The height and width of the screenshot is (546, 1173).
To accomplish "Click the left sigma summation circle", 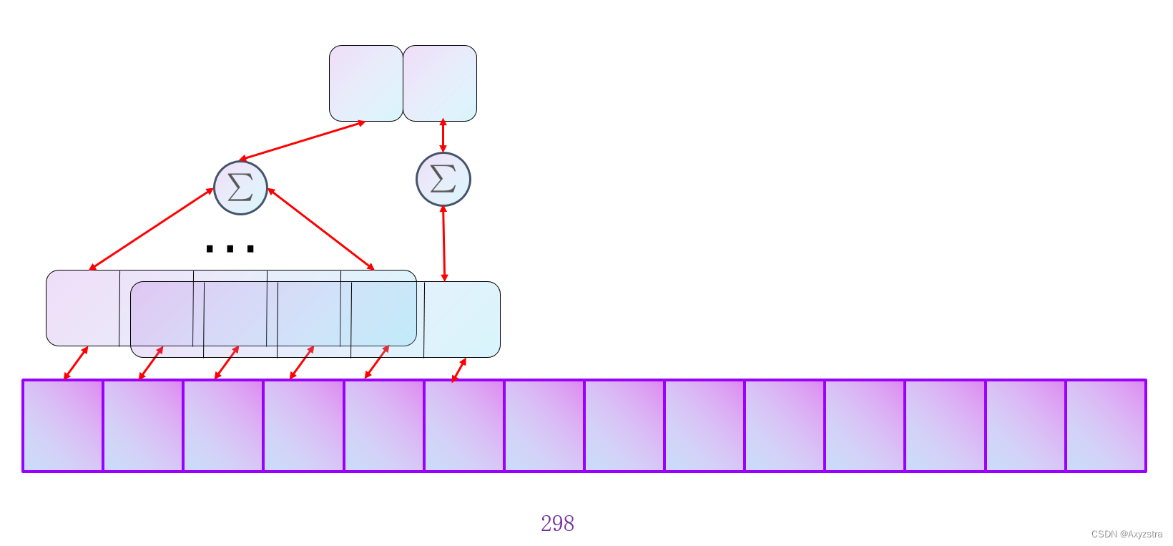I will coord(240,187).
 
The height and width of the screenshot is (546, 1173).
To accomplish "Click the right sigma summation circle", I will coord(443,179).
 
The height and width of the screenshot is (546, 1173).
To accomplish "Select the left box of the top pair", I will coord(366,83).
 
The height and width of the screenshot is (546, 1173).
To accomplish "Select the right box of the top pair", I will coord(440,83).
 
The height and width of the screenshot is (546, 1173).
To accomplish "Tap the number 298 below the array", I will coord(557,524).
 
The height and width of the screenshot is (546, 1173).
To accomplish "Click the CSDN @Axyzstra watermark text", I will coord(1127,534).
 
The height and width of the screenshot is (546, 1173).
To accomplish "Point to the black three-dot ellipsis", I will coord(230,249).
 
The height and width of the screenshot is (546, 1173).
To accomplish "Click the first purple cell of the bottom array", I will coord(63,426).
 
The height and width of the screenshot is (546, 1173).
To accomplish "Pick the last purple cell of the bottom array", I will coord(1106,426).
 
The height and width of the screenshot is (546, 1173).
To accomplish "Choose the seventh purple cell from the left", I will coord(544,426).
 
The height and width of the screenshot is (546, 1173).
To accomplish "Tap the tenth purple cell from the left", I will coord(785,426).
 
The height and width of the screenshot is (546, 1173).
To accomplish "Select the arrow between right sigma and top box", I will coord(443,136).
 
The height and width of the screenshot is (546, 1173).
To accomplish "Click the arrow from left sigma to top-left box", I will coord(302,140).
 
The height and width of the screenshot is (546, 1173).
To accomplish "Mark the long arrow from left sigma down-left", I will coord(152,229).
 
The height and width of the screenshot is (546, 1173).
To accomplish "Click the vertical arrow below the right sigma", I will coord(444,243).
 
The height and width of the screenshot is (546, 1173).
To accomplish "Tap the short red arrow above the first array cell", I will coord(76,363).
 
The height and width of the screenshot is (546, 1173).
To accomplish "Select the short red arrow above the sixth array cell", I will coord(459,370).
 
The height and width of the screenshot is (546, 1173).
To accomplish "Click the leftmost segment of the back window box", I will coord(83,308).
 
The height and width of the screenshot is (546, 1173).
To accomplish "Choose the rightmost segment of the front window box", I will coord(462,319).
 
